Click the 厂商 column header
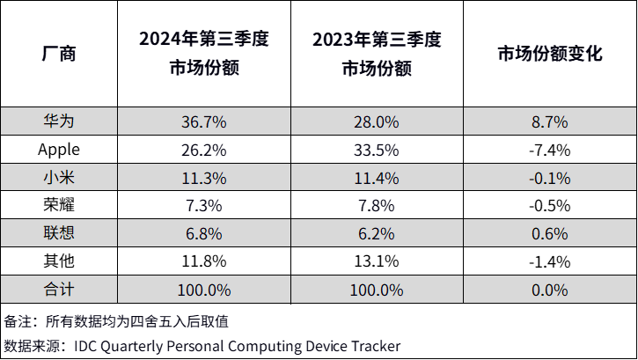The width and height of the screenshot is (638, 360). tap(59, 54)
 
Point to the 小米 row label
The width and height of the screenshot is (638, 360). tap(59, 178)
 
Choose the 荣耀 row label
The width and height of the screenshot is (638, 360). tap(59, 206)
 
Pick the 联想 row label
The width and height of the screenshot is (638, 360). tap(59, 233)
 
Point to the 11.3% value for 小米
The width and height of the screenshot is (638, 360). tap(203, 178)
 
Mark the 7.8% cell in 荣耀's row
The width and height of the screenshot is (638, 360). tap(377, 206)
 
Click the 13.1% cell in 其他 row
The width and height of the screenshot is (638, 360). tap(377, 261)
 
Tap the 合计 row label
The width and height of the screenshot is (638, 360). tap(59, 290)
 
